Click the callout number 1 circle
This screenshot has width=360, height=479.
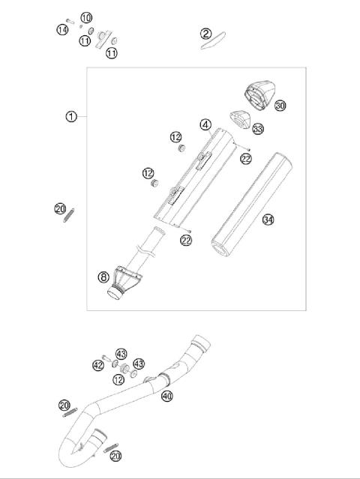(x=70, y=116)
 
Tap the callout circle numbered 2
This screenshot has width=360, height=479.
(x=205, y=33)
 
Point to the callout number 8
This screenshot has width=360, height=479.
(x=103, y=277)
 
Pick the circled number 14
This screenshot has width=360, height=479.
(x=62, y=29)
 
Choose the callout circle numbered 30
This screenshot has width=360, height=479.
(x=279, y=106)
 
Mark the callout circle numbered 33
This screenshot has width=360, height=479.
(x=258, y=128)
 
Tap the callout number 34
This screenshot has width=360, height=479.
(x=268, y=220)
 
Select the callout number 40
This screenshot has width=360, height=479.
(x=166, y=395)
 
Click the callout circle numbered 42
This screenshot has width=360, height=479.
(x=98, y=365)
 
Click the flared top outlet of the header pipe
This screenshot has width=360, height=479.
(x=199, y=344)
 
